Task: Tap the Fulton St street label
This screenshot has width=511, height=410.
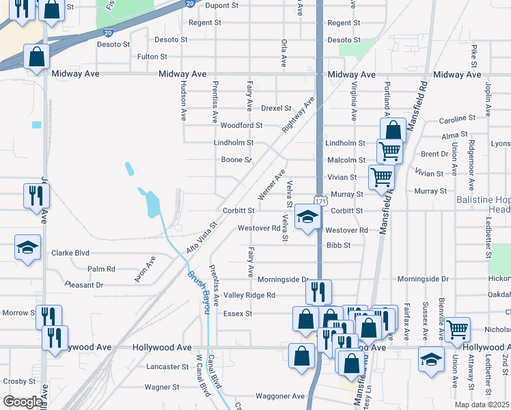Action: coord(152,57)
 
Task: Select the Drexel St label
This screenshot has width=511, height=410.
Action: coord(276,109)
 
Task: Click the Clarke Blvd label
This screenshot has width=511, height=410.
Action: coord(70,253)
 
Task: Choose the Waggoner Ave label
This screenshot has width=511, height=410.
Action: coord(279,396)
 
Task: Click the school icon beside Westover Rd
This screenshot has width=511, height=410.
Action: coord(308,218)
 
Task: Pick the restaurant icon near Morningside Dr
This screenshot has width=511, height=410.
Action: coord(318,292)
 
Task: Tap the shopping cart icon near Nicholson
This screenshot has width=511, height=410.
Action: coord(457,329)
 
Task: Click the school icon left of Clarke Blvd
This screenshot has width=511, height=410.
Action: coord(28,247)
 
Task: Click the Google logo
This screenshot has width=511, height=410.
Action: coord(23,402)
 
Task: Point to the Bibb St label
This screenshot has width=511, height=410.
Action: coord(338,245)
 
